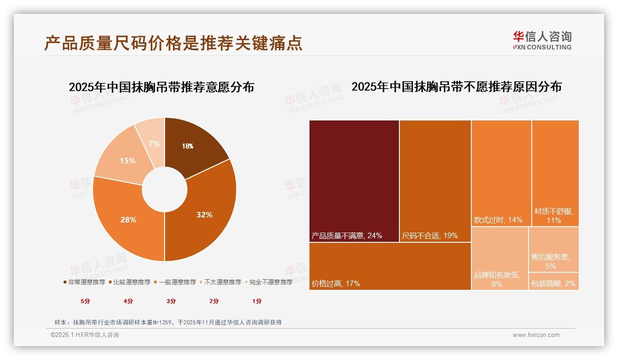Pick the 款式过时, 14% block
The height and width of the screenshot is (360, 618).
(x=501, y=173)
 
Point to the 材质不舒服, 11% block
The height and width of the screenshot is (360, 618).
(x=555, y=173)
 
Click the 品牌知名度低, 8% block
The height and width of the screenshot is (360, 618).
(x=499, y=258)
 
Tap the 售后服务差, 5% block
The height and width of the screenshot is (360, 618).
(x=553, y=250)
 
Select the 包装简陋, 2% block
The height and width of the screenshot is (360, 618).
(x=553, y=282)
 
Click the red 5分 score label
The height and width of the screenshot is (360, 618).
(x=85, y=301)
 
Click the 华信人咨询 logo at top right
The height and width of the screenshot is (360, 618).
(x=542, y=40)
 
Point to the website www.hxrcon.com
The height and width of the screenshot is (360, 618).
(x=536, y=335)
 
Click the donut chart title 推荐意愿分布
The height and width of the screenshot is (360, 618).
(x=161, y=87)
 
